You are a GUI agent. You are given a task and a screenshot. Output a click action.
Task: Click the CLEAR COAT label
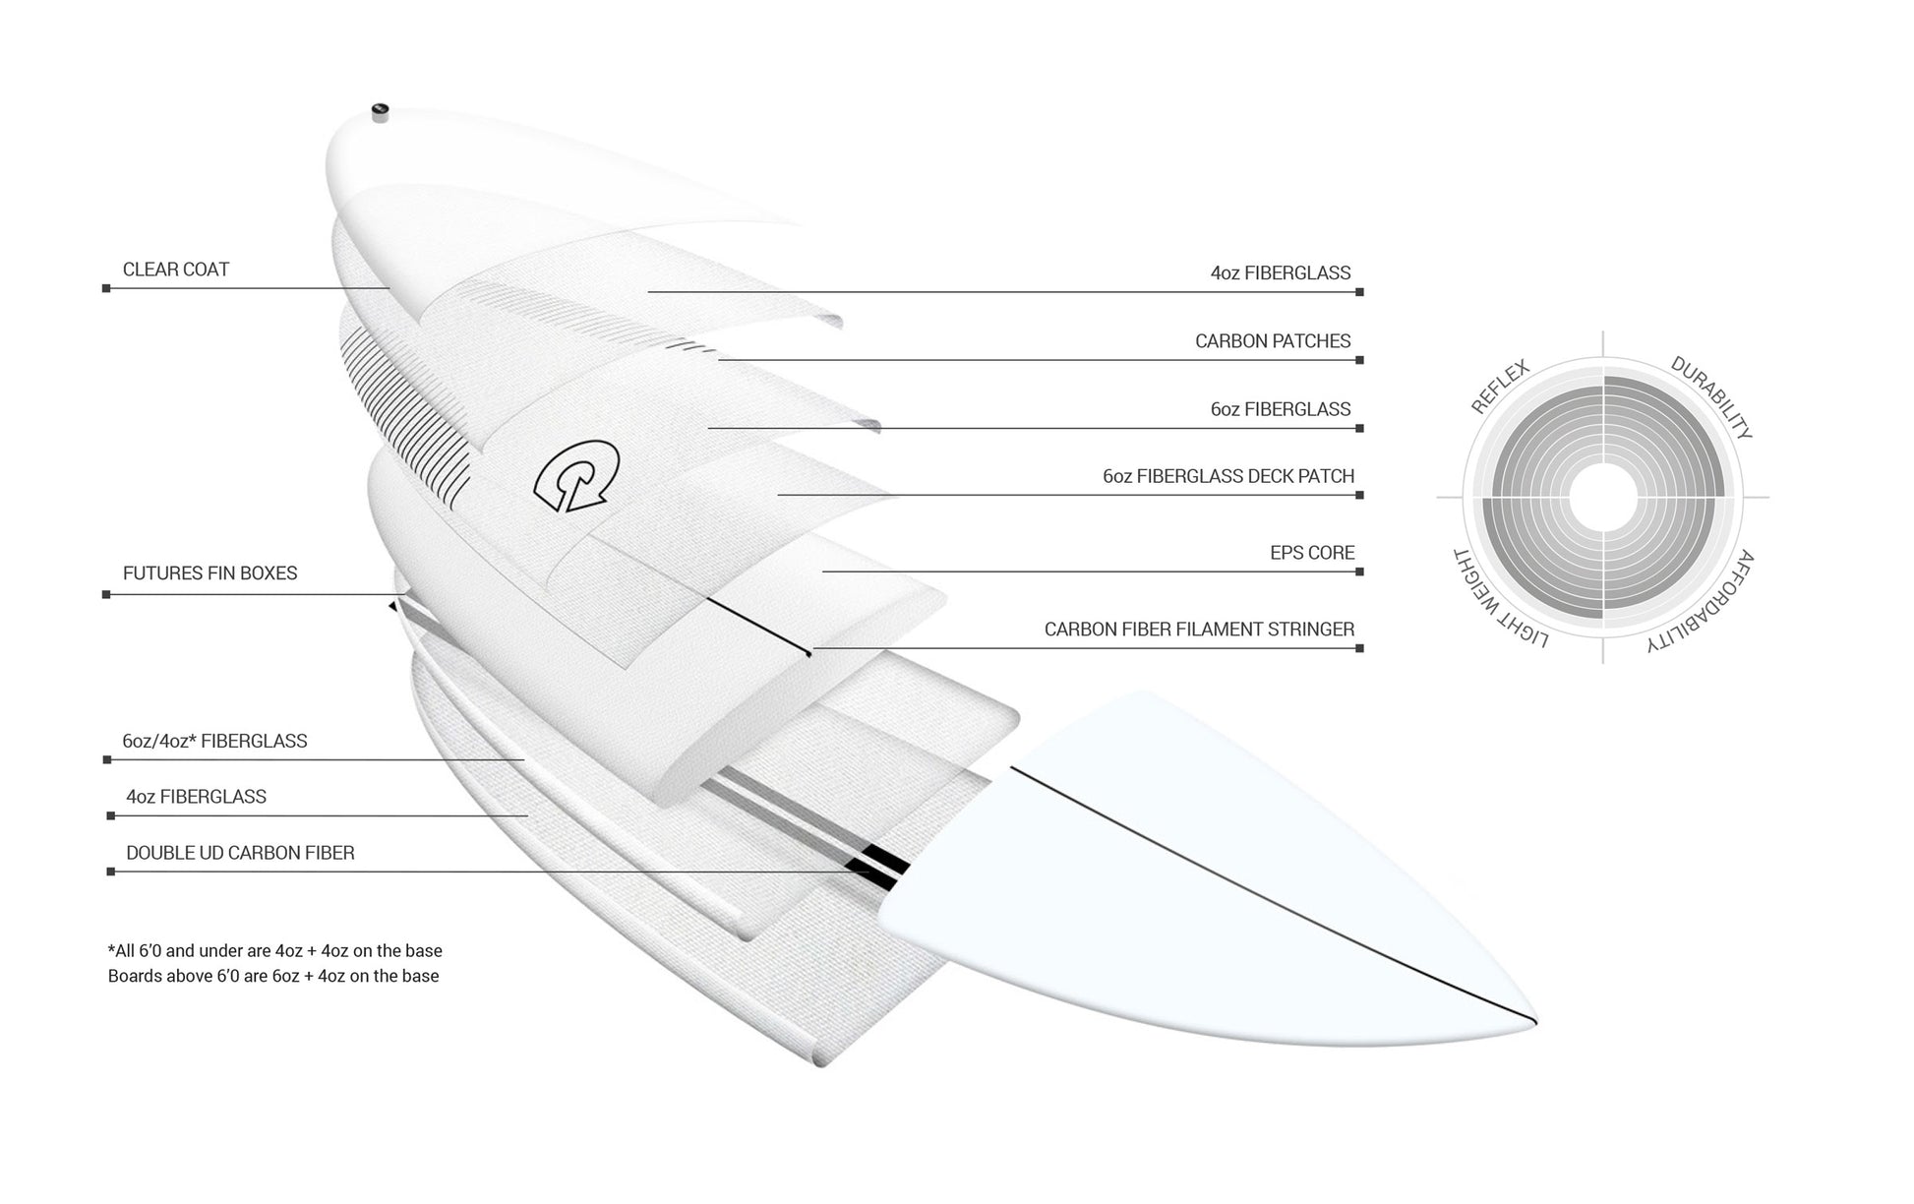[175, 270]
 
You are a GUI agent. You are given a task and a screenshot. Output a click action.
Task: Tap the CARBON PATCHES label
[1273, 341]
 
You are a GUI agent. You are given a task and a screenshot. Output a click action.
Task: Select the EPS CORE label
[1312, 553]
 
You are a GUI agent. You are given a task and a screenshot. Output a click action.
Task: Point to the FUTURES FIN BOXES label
[209, 573]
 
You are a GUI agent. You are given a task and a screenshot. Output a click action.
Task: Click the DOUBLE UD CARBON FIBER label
[240, 853]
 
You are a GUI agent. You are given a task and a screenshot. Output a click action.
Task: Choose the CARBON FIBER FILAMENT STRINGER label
[1199, 630]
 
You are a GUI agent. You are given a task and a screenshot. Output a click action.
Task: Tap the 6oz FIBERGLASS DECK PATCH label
[1228, 476]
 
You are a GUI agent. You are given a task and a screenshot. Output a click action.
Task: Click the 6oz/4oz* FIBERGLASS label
[214, 741]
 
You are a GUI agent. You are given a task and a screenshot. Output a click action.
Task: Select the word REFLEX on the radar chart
[1500, 387]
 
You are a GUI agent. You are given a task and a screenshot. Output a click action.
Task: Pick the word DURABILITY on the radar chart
[1711, 397]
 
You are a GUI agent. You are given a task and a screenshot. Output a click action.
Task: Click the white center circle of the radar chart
[1603, 498]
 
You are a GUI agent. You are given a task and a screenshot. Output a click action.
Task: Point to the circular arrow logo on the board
[575, 477]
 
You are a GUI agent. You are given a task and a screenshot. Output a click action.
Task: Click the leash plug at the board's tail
[381, 111]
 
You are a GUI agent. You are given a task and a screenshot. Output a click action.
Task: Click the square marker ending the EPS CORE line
[1359, 572]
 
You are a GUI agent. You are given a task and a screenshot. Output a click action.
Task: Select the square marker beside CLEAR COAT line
[106, 288]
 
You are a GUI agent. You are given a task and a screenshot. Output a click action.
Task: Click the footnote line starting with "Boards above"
[273, 976]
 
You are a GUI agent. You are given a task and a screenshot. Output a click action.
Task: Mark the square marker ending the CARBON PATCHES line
[1359, 360]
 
